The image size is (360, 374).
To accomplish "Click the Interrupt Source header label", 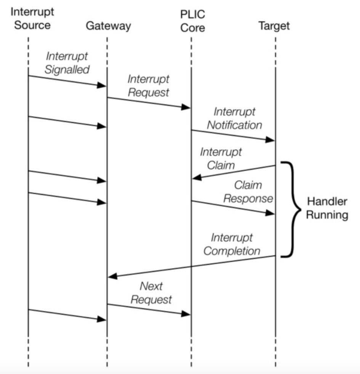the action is tap(32, 18).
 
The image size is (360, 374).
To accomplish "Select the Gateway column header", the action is tap(108, 26).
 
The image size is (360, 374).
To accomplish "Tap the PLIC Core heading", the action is tap(193, 21).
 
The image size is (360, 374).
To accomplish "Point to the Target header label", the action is tap(274, 26).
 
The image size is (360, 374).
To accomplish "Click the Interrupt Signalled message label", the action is tap(67, 63).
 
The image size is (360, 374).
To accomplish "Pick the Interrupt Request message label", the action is tap(148, 85).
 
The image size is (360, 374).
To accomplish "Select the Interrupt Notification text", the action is tap(235, 118).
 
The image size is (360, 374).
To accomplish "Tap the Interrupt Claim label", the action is tap(221, 158).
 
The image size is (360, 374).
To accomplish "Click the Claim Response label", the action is tap(248, 192).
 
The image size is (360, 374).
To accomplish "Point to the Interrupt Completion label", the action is tap(232, 244).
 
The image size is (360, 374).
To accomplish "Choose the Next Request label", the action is tap(151, 293).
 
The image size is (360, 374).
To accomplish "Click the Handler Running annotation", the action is tap(327, 208).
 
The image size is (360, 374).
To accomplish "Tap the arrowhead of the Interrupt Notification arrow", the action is tap(270, 140).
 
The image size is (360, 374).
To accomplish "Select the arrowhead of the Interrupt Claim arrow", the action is tap(197, 177).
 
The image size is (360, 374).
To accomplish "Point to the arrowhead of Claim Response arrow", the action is tap(270, 213).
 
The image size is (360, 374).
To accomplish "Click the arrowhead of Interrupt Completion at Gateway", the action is tap(112, 276).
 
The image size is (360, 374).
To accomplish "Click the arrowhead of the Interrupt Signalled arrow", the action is tap(101, 85).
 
